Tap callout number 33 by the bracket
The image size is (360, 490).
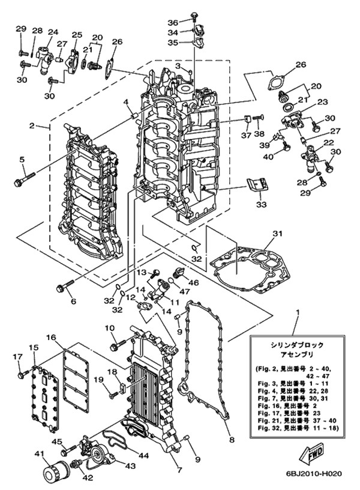point(260,205)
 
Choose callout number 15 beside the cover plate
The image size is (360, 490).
point(33,348)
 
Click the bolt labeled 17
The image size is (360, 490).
point(22,375)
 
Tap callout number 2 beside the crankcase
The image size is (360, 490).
point(31,126)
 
